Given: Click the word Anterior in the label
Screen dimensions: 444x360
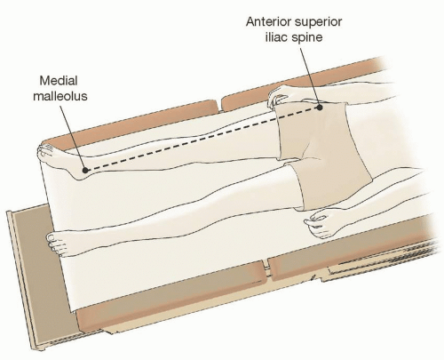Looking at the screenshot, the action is tap(268, 21).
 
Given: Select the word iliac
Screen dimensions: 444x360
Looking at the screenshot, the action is tap(276, 37).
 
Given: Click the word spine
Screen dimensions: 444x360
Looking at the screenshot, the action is tap(306, 38).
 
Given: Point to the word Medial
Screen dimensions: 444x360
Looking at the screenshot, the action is tap(59, 81).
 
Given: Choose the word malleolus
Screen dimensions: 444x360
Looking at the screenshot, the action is tap(60, 96).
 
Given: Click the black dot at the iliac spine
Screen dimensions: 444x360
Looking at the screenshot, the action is tap(320, 108).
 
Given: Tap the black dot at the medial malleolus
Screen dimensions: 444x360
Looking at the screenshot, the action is tap(85, 170).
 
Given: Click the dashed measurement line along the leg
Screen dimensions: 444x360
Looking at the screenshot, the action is tap(202, 139).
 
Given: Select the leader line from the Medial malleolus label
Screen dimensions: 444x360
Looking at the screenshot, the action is tap(73, 137).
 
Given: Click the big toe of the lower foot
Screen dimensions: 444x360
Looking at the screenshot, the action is tap(52, 237).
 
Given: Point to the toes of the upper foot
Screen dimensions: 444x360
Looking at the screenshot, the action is tap(44, 152).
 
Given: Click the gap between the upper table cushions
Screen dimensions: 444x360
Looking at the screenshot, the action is tap(219, 106).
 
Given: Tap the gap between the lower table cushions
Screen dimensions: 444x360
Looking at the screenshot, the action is tap(267, 269).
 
